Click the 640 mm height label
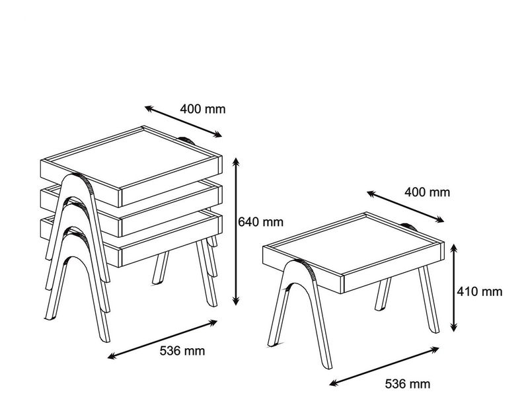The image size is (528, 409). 260,222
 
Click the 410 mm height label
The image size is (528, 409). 479,291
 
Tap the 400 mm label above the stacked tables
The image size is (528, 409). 202,110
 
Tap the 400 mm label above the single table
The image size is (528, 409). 427,192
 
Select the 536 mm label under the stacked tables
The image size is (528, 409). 182,351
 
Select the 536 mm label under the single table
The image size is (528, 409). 408,384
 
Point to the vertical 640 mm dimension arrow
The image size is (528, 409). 237,232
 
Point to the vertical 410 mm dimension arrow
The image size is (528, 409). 454,288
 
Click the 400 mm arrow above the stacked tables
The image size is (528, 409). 183,122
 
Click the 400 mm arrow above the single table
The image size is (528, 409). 406,207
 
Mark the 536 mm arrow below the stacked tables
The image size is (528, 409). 163,340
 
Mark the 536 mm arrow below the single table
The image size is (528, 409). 384,367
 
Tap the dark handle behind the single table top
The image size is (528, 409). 408,226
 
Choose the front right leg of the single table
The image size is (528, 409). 429,299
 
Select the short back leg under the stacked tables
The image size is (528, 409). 161,268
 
